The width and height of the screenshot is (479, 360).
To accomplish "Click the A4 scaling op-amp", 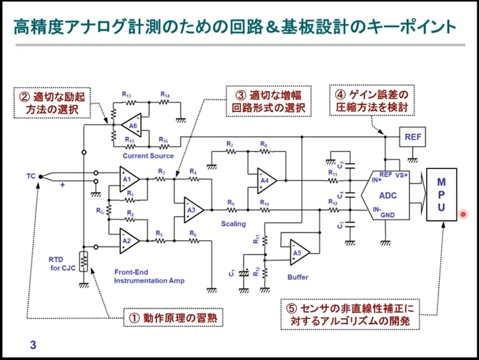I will tap(265, 181).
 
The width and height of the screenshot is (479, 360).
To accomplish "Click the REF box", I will tap(411, 137).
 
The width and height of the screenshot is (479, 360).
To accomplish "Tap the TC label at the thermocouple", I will tap(30, 175).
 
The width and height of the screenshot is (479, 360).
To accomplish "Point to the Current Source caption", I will tap(148, 155).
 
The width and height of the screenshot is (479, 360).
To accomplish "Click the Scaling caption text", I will tap(233, 224).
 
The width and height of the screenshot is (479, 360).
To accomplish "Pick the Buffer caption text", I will tap(297, 277).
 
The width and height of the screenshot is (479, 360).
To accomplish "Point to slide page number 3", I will tap(33, 345).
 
